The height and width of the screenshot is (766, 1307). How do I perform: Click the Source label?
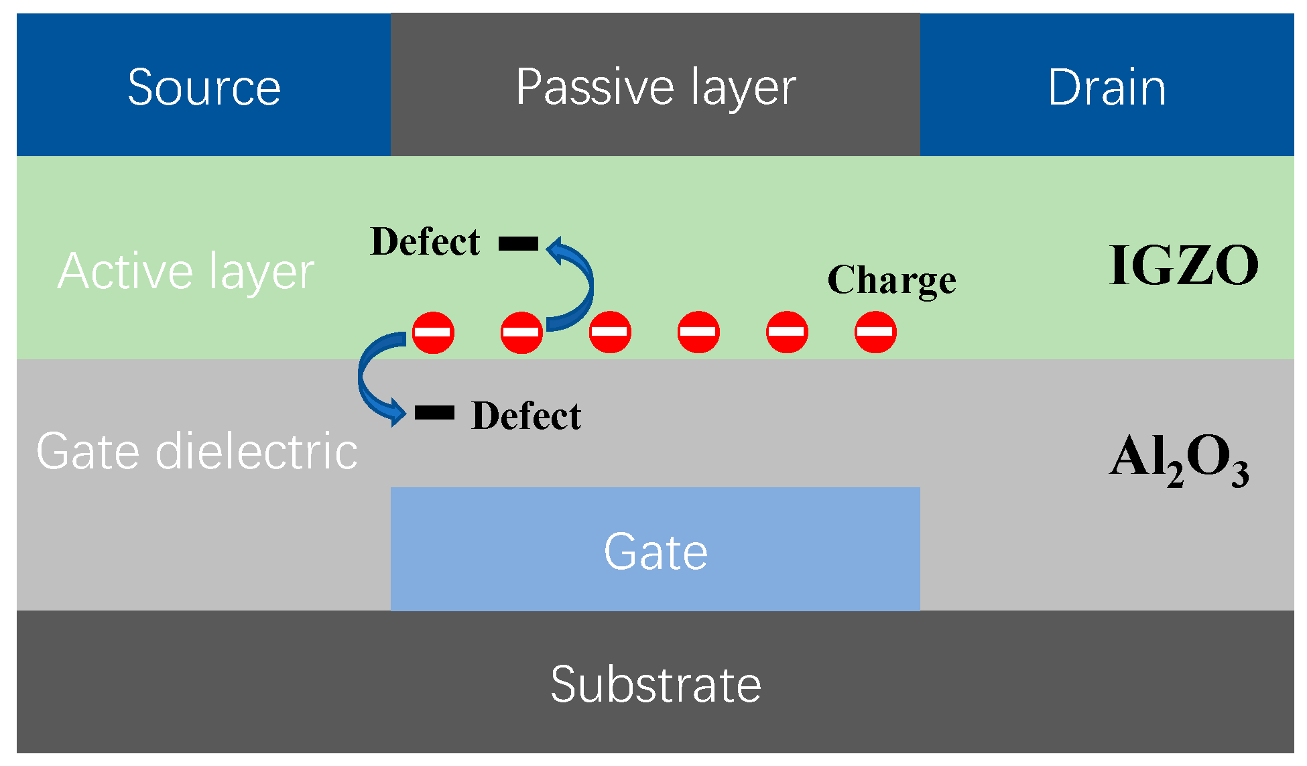[204, 87]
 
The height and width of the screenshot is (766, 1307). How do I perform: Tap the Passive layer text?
[656, 87]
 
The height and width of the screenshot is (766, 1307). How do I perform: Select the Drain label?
[1107, 87]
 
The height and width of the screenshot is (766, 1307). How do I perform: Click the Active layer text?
[186, 271]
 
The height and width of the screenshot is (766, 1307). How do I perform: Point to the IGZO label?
[1184, 265]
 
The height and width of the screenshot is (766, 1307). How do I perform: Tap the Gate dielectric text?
[196, 451]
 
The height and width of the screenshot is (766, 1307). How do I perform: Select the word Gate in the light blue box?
[656, 552]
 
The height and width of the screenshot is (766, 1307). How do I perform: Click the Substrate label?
[656, 684]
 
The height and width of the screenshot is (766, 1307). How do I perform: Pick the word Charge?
[891, 280]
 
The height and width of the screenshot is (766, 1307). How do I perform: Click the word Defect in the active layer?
[425, 242]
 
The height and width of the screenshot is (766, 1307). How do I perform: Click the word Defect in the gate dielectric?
[526, 416]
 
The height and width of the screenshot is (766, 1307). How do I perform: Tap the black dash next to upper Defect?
[518, 244]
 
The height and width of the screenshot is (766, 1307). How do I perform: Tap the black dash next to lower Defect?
[434, 412]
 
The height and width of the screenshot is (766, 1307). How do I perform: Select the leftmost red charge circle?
[433, 332]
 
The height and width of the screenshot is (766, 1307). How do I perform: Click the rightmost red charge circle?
[875, 332]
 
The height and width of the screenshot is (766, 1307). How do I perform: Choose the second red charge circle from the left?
[521, 332]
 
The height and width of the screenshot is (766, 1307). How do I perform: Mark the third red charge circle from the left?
[610, 332]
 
